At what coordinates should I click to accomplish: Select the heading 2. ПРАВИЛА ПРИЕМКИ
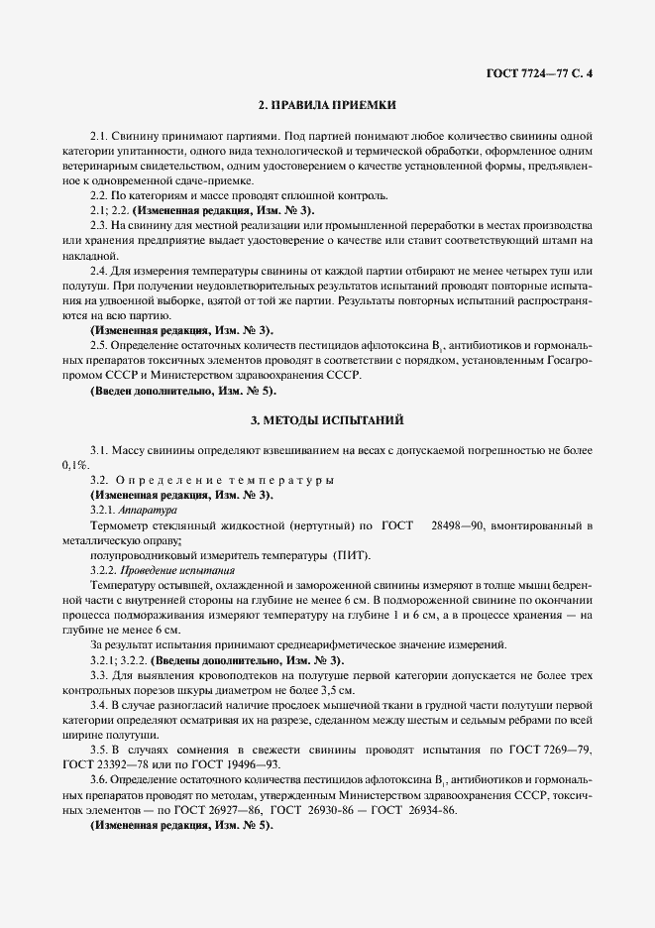327,104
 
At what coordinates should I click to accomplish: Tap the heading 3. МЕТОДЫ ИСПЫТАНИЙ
327,421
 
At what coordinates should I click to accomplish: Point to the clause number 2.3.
98,226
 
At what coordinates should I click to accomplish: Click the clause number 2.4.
98,272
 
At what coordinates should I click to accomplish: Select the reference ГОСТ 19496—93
220,764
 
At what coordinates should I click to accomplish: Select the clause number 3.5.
98,750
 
